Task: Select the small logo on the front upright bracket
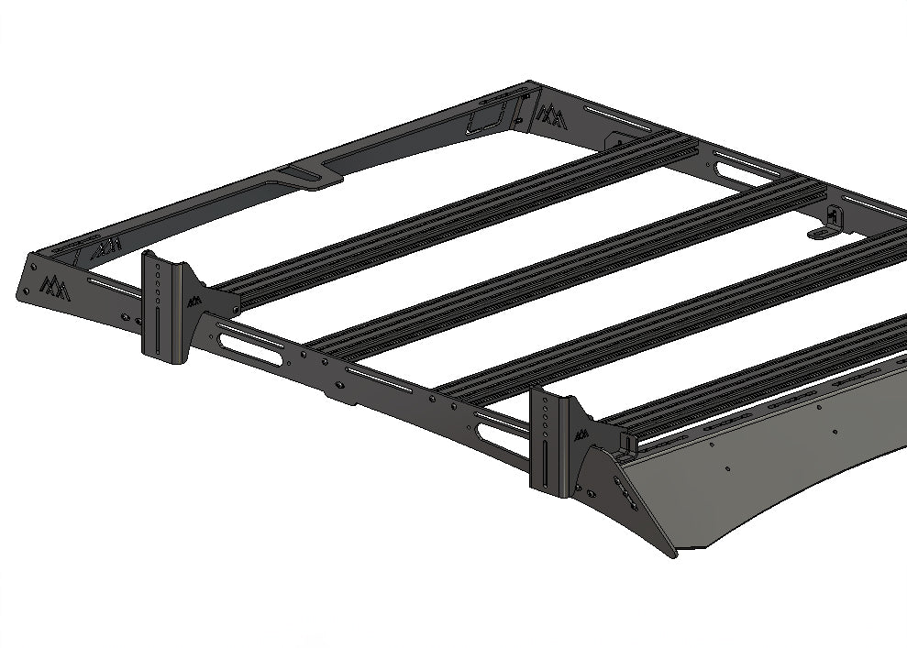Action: (581, 434)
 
